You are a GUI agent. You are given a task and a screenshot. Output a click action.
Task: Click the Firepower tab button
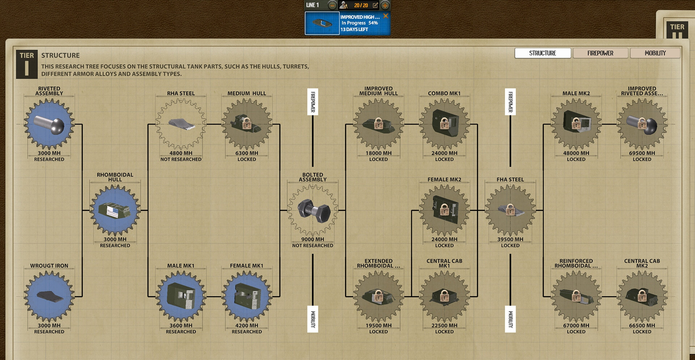600,53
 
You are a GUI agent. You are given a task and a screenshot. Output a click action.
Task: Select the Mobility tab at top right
655,53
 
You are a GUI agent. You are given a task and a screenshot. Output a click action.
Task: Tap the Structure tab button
543,53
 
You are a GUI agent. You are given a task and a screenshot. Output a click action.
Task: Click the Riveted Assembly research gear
49,124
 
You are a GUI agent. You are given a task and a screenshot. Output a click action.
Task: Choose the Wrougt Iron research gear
49,297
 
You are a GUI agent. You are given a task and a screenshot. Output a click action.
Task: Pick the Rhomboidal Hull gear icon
115,210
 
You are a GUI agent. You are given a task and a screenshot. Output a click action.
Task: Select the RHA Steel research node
181,124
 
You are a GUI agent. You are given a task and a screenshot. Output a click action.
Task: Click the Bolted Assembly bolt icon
313,210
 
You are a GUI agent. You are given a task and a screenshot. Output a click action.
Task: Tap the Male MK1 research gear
181,297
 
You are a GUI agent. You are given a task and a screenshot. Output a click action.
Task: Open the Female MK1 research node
247,297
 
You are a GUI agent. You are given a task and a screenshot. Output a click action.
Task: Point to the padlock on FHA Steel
510,210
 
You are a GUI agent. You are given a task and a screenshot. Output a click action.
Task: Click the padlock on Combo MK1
445,124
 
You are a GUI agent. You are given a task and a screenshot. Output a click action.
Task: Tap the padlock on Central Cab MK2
642,296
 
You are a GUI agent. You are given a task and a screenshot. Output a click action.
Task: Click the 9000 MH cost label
313,239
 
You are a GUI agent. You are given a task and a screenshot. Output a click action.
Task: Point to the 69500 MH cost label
642,153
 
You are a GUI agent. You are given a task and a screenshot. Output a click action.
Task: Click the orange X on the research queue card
386,16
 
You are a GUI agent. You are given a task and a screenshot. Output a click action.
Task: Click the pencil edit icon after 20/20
375,5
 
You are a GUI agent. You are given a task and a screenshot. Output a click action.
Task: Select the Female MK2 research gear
445,210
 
